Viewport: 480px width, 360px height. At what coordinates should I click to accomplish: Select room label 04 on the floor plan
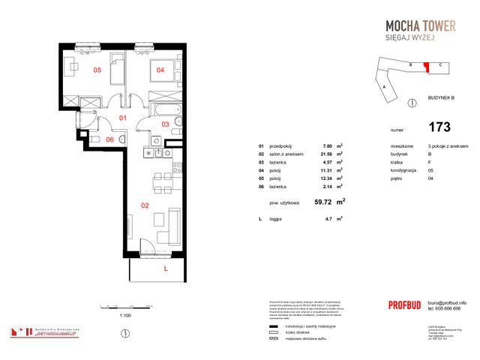[x=160, y=70]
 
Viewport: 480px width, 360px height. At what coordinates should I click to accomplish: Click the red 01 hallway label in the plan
[x=124, y=118]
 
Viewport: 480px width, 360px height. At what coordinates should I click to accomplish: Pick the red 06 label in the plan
[x=109, y=139]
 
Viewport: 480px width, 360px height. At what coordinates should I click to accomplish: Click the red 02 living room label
[x=145, y=203]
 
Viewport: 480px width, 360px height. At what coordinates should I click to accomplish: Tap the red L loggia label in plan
[x=166, y=266]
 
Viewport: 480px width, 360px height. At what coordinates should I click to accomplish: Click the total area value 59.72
[x=323, y=202]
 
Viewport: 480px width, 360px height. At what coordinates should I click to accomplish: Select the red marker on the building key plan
[x=426, y=68]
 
